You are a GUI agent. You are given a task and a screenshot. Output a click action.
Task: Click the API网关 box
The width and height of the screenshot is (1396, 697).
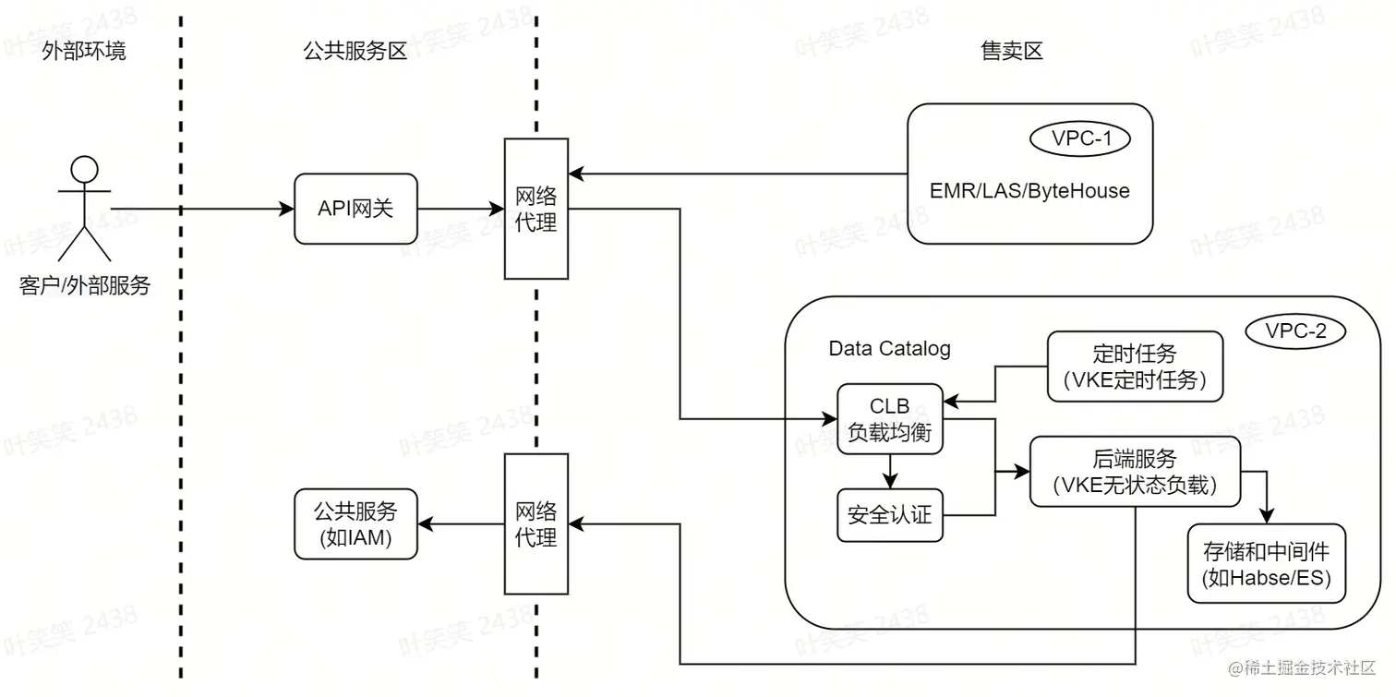pos(355,209)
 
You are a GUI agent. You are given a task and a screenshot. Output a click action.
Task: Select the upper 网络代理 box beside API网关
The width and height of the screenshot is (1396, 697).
pos(536,209)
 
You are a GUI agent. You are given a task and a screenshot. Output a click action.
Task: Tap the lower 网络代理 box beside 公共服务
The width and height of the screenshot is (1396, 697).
pos(536,523)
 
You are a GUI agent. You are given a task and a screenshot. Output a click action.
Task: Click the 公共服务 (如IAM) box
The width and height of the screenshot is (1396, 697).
pos(355,523)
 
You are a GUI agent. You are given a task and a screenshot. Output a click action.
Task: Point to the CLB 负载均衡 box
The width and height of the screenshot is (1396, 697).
pos(890,419)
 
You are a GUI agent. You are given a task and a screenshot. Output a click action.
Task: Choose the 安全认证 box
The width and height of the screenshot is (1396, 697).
pos(890,515)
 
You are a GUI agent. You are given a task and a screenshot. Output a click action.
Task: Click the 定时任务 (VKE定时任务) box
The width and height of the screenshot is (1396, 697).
pos(1135,367)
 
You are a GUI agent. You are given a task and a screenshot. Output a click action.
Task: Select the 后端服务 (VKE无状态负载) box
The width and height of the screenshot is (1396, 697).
pos(1135,472)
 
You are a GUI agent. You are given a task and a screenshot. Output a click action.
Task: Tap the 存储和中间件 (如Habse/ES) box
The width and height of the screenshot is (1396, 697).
pos(1266,564)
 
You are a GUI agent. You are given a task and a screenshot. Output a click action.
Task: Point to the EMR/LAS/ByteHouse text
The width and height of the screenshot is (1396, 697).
pos(1029,191)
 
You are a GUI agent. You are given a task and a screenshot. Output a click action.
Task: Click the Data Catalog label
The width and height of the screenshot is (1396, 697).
pos(889,349)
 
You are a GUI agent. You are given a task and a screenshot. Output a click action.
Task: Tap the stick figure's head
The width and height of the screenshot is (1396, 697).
pos(84,169)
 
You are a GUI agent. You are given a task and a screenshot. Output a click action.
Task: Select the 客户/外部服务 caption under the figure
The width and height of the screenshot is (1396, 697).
pos(84,286)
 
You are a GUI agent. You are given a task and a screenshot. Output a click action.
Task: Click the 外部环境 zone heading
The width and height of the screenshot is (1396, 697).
pos(84,51)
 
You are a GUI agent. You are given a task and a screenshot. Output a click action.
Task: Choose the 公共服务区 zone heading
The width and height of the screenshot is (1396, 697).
pos(355,51)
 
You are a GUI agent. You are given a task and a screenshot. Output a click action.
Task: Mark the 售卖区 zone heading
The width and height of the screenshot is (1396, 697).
pos(1011,51)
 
